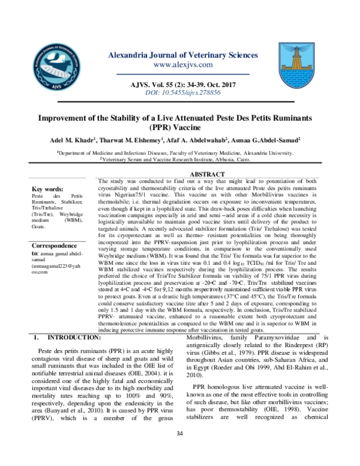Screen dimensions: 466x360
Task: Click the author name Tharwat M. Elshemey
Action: click(143, 140)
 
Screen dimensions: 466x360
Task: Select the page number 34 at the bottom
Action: click(179, 450)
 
